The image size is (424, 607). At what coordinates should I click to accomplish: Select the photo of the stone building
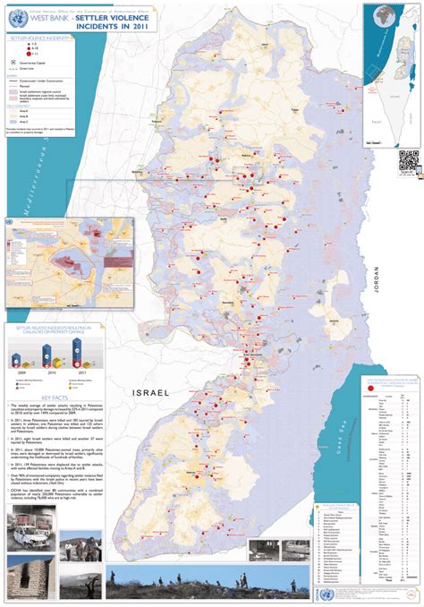[27, 578]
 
